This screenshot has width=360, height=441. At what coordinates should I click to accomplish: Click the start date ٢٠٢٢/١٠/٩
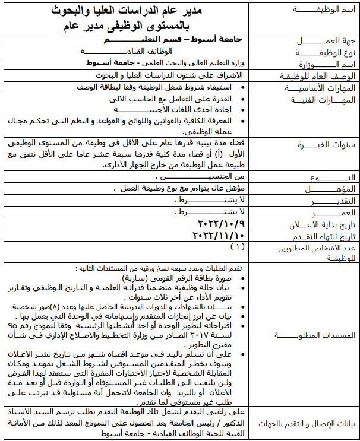pyautogui.click(x=219, y=224)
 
